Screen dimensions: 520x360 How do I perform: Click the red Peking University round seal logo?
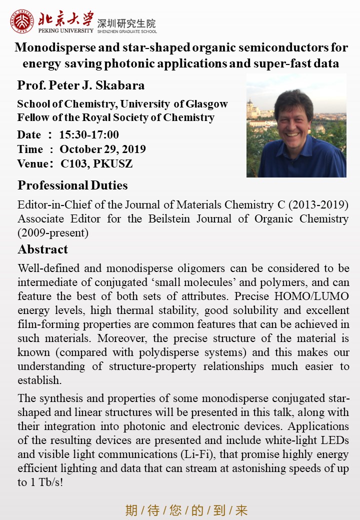click(x=22, y=21)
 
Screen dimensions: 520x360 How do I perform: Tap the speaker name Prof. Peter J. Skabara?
click(x=81, y=85)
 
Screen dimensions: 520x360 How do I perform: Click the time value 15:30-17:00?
click(x=89, y=134)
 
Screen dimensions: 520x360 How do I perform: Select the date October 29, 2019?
click(x=102, y=149)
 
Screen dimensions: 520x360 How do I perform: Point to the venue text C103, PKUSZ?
click(x=97, y=163)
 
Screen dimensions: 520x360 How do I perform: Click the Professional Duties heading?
click(x=72, y=185)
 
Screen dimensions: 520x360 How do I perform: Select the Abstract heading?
click(x=42, y=249)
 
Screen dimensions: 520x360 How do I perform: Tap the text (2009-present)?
click(x=52, y=232)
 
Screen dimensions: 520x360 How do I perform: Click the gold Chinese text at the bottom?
click(x=186, y=510)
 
